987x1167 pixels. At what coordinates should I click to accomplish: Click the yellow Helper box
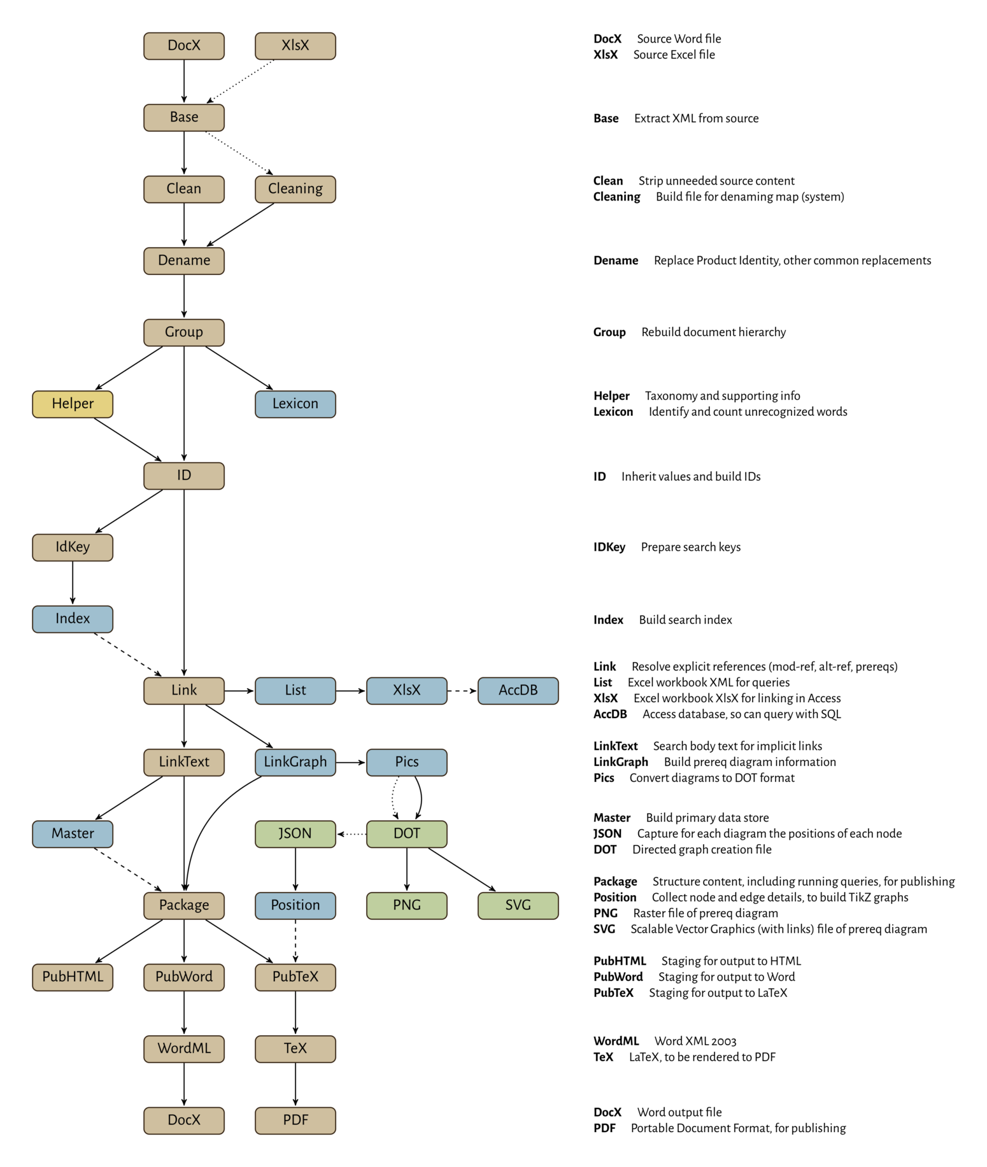click(x=73, y=404)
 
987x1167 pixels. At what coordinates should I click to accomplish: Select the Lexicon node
click(x=295, y=404)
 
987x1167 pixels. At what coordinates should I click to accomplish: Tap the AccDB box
click(x=518, y=691)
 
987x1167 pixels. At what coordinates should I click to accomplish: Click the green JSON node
click(x=295, y=834)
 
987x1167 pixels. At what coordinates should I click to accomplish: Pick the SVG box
click(x=518, y=905)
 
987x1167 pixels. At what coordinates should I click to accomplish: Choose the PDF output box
click(x=295, y=1121)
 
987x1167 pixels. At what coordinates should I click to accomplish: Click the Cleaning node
click(x=295, y=189)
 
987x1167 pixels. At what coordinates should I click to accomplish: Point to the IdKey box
click(x=73, y=548)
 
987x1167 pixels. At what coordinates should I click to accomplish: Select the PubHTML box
click(x=73, y=977)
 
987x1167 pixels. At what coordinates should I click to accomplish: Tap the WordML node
click(x=184, y=1049)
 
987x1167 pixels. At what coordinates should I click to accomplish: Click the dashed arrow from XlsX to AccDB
click(x=462, y=691)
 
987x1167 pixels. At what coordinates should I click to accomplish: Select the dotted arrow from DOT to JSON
click(x=351, y=834)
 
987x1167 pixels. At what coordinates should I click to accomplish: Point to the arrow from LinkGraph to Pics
click(x=351, y=762)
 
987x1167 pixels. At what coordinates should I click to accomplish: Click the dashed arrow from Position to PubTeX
click(x=295, y=941)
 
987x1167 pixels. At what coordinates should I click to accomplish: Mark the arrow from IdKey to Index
click(x=73, y=583)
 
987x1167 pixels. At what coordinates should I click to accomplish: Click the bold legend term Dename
click(x=616, y=260)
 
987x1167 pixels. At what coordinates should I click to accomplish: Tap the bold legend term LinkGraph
click(x=621, y=762)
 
